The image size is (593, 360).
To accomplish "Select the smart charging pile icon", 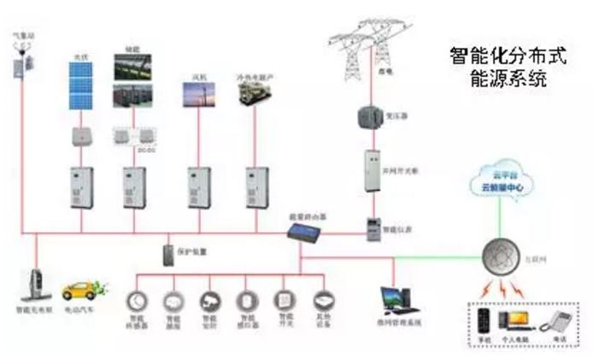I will pyautogui.click(x=36, y=286).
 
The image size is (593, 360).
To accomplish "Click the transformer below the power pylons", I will pyautogui.click(x=369, y=117).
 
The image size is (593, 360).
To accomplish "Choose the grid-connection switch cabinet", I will pyautogui.click(x=372, y=169).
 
